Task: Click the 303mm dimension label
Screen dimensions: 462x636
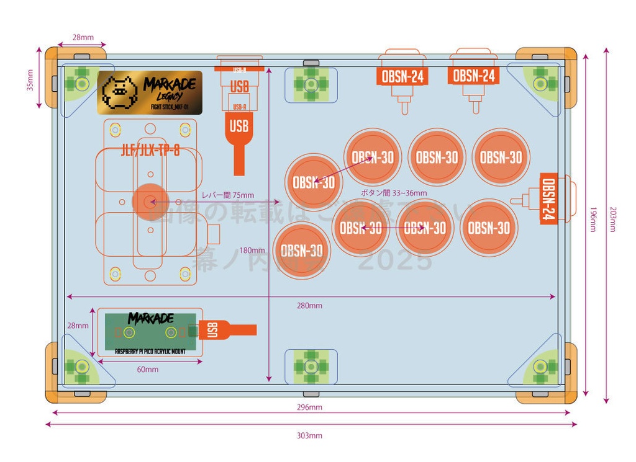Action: [309, 435]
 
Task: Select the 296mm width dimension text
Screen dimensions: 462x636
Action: [309, 407]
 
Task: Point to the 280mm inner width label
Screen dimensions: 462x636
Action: [309, 305]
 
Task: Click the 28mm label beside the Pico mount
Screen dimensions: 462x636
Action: [78, 325]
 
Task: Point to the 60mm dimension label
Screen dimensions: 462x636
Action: [147, 370]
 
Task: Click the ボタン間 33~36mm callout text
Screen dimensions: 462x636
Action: [394, 193]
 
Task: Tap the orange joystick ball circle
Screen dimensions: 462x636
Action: [148, 202]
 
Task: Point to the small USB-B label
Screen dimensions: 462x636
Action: [240, 70]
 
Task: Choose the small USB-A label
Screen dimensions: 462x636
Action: [239, 107]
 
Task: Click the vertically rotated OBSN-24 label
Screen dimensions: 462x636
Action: [549, 199]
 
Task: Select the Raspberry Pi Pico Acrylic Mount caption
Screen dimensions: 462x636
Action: [150, 351]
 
